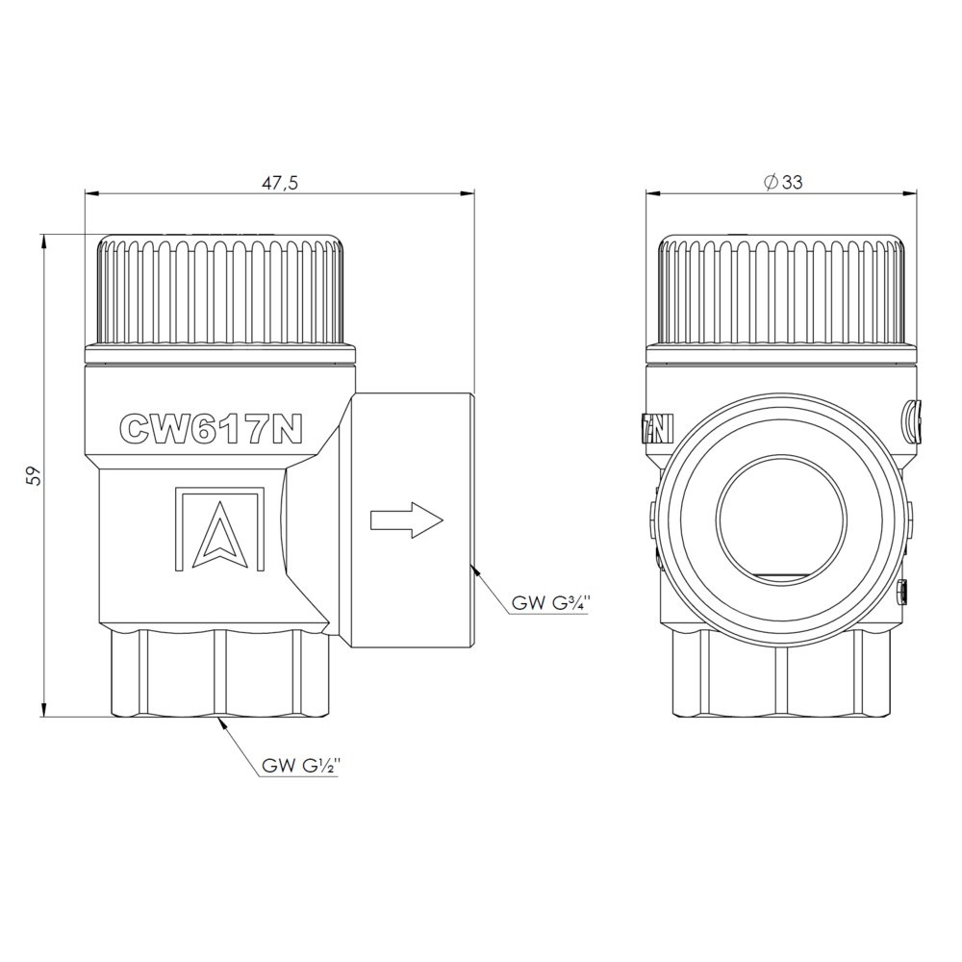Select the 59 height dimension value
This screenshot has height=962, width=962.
pyautogui.click(x=36, y=476)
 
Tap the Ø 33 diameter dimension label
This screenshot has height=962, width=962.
pyautogui.click(x=782, y=182)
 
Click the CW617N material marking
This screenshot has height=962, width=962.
pyautogui.click(x=211, y=427)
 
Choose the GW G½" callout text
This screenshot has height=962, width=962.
pyautogui.click(x=300, y=766)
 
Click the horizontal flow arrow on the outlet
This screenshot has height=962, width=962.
pyautogui.click(x=406, y=520)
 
